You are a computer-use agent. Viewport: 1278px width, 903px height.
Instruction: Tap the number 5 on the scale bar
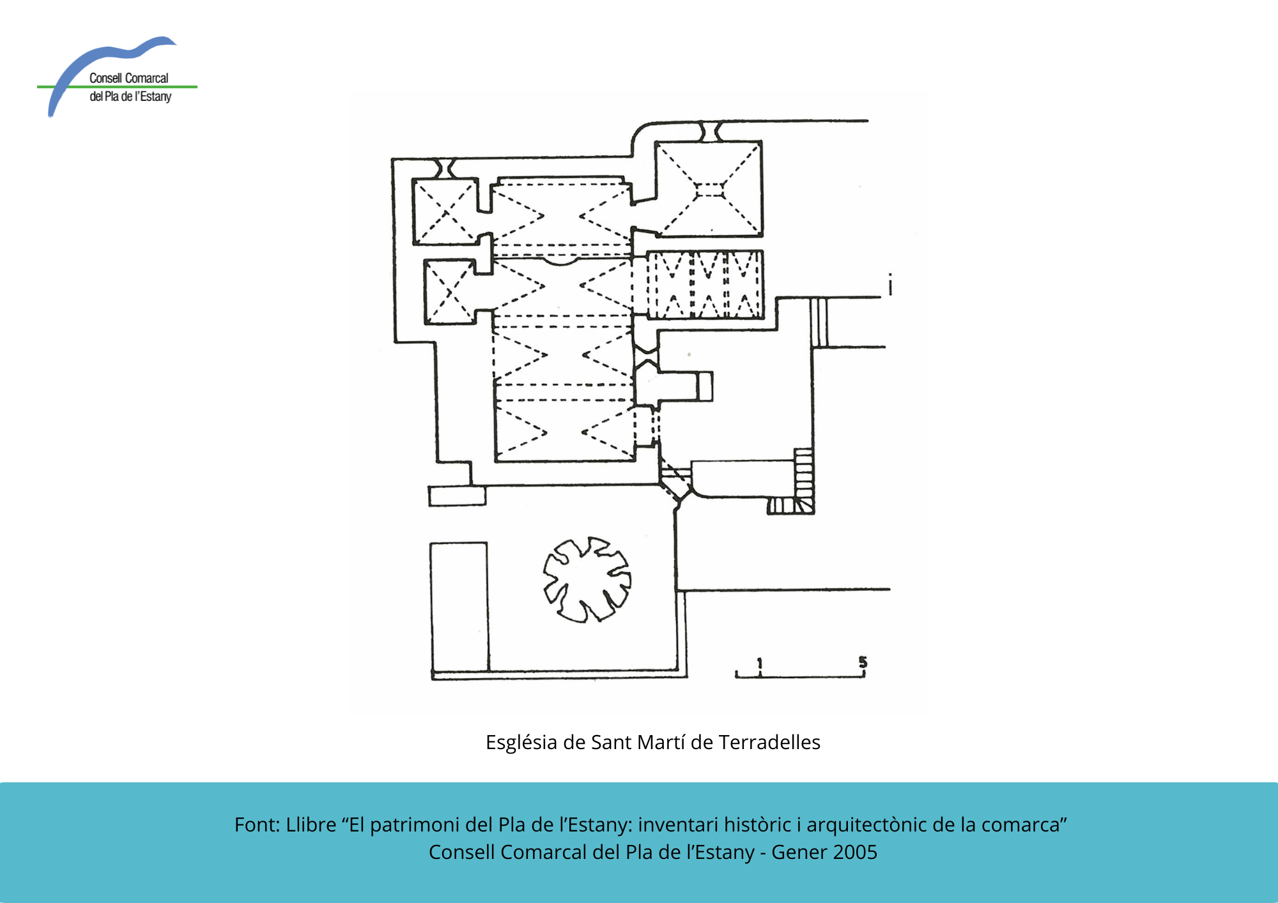coord(863,662)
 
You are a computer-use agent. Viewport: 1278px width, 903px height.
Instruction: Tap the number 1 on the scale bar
coord(760,664)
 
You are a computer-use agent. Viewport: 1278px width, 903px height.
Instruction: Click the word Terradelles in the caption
coord(769,742)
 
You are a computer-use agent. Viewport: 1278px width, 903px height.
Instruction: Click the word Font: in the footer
coord(257,824)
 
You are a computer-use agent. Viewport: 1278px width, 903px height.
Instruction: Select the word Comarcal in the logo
coord(147,78)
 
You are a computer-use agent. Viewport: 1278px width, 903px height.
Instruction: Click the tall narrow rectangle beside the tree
coord(459,607)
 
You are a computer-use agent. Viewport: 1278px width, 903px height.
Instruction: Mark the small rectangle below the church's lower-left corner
coord(457,496)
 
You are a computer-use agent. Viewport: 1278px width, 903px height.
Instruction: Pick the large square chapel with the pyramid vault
coord(709,189)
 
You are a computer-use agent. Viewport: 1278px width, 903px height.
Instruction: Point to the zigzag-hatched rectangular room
coord(705,285)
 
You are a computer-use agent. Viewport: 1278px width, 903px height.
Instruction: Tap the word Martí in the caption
coord(661,742)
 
